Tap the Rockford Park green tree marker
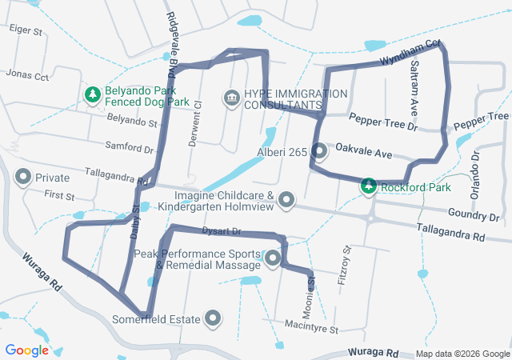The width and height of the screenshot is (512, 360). [x=368, y=186]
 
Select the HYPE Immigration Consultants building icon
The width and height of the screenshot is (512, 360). [x=231, y=98]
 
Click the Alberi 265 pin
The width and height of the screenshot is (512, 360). [x=318, y=151]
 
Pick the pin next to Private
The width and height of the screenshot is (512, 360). [x=23, y=177]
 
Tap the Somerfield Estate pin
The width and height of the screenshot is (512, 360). [x=213, y=319]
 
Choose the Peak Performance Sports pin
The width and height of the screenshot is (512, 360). [x=272, y=258]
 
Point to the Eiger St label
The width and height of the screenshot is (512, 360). [x=25, y=30]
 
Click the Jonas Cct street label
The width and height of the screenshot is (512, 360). [x=27, y=74]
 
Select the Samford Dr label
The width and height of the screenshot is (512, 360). [x=130, y=148]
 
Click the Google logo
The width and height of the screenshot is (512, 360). [x=27, y=350]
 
